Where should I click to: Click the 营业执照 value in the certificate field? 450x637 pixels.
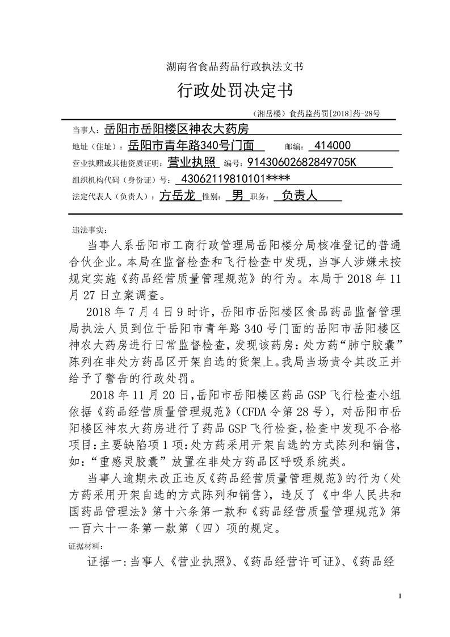click(x=194, y=163)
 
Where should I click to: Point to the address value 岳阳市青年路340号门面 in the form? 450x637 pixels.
click(x=193, y=146)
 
